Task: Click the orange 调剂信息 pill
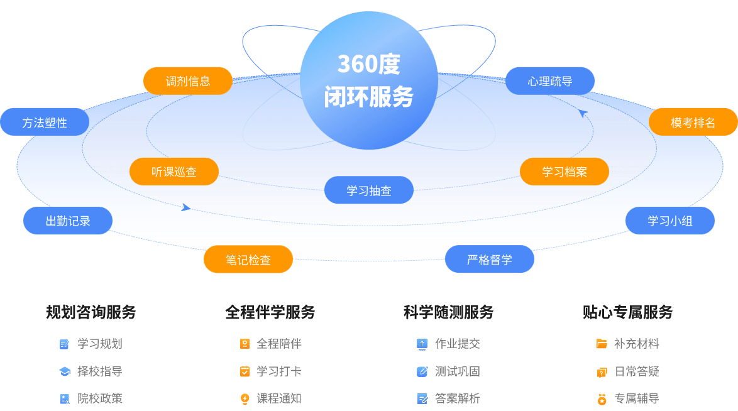(188, 81)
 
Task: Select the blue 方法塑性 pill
(45, 122)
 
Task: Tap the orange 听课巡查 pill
(174, 172)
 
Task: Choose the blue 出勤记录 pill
(68, 221)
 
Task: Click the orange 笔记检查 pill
(248, 259)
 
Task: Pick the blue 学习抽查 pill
(369, 190)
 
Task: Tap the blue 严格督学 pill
(490, 259)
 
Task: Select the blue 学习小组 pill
(670, 221)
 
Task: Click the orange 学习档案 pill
(565, 172)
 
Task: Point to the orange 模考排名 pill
(693, 122)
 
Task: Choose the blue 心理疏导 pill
(550, 81)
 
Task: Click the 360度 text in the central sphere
(369, 64)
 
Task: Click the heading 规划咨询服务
(91, 312)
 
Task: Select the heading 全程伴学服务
(270, 312)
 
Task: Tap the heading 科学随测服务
(449, 312)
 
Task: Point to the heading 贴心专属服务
(628, 312)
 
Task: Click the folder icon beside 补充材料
(602, 344)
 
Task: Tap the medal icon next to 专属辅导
(602, 398)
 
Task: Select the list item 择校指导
(99, 371)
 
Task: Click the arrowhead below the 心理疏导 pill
(583, 113)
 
